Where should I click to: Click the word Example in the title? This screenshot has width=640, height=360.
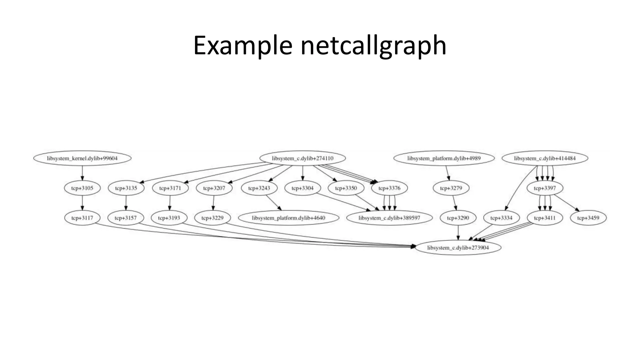point(242,46)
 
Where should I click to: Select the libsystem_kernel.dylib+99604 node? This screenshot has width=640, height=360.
point(82,158)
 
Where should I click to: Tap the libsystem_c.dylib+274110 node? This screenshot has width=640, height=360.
point(302,158)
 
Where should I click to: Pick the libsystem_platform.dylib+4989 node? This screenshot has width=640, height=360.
point(444,158)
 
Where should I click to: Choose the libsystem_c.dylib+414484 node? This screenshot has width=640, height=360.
point(545,158)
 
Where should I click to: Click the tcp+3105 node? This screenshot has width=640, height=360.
point(82,188)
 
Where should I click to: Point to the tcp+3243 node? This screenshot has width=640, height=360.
point(259,188)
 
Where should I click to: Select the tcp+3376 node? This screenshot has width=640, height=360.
point(389,188)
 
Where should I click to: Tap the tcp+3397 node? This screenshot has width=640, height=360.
point(545,188)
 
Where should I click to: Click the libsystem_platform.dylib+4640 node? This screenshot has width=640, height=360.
point(288,218)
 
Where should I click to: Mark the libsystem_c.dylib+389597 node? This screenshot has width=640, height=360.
point(389,218)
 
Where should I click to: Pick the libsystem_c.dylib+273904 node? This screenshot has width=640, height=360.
point(458,248)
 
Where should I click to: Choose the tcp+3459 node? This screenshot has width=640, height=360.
point(588,218)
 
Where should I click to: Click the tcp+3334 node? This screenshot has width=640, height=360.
point(501,218)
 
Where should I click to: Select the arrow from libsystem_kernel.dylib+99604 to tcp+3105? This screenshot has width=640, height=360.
point(82,173)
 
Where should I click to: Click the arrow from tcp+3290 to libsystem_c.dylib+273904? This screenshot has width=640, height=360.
point(458,233)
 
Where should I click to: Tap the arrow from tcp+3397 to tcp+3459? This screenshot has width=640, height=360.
point(567,203)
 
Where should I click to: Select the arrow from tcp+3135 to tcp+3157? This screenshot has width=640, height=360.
point(126,203)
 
